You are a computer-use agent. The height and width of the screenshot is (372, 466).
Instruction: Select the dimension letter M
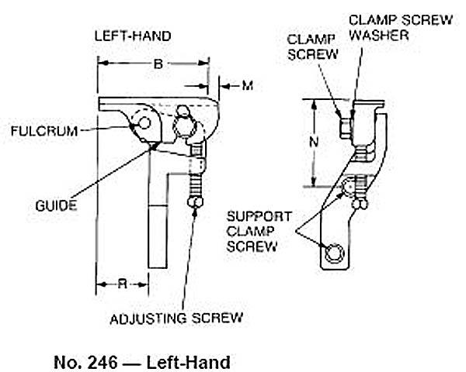coord(247,84)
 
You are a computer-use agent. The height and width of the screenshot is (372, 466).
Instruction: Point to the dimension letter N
coord(314,142)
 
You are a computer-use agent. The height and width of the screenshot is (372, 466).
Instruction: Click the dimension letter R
coord(121,284)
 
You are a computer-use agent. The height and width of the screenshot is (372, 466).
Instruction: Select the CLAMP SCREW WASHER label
coord(396,27)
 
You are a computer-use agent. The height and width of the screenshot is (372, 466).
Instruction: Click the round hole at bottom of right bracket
coord(335,252)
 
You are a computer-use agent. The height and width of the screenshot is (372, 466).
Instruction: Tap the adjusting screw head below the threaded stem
coord(196,203)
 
